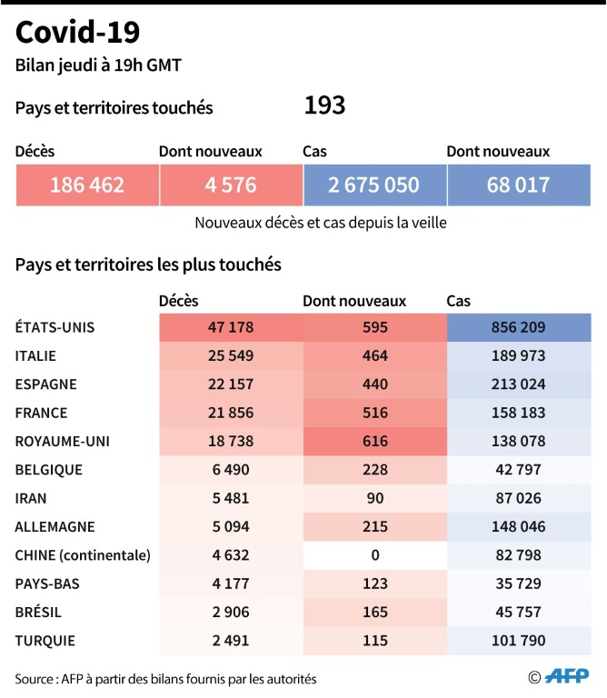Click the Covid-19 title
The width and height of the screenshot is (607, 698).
tap(78, 34)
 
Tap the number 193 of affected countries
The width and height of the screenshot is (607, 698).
tap(324, 106)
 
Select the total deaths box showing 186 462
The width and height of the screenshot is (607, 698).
tap(86, 185)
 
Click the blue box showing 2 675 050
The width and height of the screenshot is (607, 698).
tap(374, 185)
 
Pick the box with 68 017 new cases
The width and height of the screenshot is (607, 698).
tap(518, 185)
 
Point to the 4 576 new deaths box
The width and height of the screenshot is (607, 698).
tap(230, 185)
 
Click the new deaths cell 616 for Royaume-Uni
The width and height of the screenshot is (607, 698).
tap(373, 441)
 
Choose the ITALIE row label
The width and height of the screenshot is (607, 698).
tap(35, 355)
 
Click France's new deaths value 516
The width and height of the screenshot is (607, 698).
tap(373, 413)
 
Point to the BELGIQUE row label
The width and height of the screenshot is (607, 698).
tap(49, 470)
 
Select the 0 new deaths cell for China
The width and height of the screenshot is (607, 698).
tap(373, 554)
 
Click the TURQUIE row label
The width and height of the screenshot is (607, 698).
tap(45, 640)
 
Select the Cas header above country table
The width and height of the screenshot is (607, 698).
tap(459, 301)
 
